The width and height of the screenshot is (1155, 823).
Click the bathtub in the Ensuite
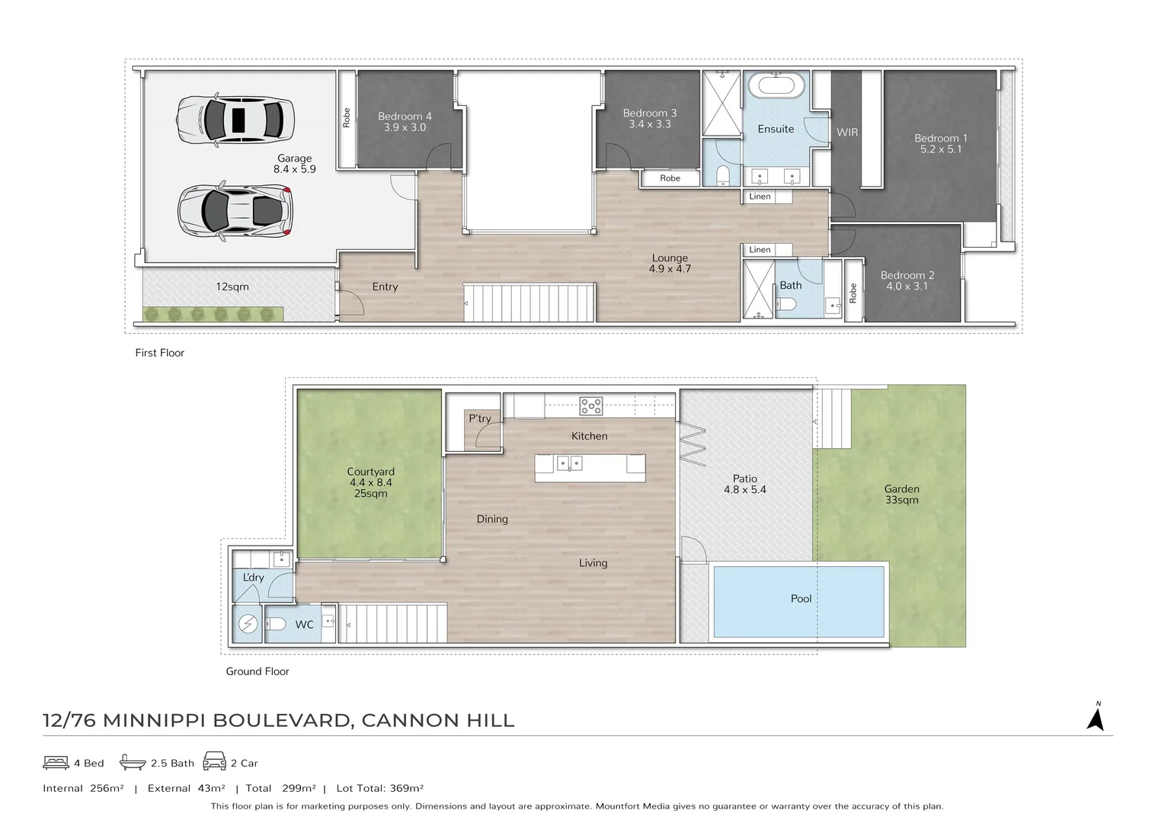776,85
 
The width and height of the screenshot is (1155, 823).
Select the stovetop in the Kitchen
591,406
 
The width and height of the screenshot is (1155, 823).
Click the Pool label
801,599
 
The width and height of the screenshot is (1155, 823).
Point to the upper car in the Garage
235,120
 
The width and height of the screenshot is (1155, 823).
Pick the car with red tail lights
235,211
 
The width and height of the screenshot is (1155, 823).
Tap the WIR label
847,133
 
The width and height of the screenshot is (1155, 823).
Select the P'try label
479,418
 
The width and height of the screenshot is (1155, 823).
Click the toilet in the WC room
275,624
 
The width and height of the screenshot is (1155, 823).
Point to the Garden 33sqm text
901,494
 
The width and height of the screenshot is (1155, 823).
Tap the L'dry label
253,577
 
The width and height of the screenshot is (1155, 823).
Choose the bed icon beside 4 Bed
56,762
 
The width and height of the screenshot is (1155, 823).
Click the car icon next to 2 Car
214,761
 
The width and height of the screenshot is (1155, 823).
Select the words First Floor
159,353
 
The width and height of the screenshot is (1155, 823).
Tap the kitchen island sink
569,463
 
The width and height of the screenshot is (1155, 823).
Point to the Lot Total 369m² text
379,789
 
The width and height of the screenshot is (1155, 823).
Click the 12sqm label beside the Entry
232,287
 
